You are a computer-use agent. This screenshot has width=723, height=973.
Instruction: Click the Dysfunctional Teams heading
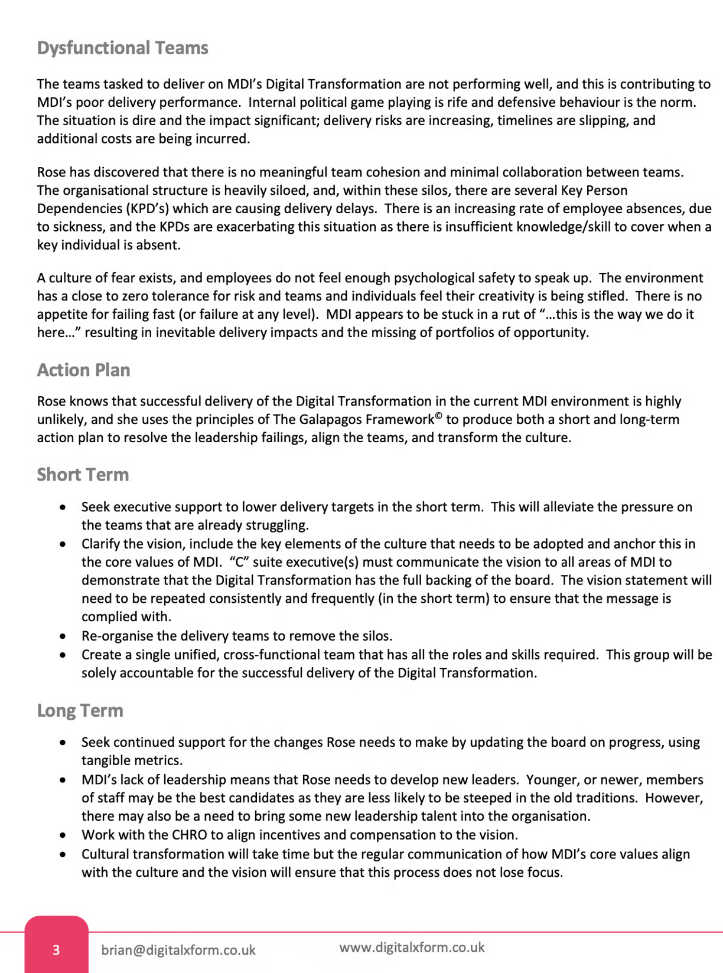click(x=122, y=48)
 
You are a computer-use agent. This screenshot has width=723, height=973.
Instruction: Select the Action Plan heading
click(x=83, y=370)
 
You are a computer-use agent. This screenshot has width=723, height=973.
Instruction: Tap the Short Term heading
click(x=83, y=475)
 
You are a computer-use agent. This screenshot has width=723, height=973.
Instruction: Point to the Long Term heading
click(x=80, y=710)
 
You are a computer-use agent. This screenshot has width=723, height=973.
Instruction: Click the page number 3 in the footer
click(x=56, y=950)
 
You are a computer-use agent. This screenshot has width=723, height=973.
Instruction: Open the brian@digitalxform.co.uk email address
click(x=178, y=950)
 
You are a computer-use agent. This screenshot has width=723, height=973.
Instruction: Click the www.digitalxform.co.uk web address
click(x=412, y=948)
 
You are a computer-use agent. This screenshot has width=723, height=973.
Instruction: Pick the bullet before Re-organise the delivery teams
click(x=63, y=636)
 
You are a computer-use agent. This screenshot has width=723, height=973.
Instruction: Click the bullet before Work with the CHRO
click(x=63, y=835)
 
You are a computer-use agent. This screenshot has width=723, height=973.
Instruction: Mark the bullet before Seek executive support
click(x=63, y=507)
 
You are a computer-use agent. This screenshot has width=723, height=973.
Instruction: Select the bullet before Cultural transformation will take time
click(x=63, y=854)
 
